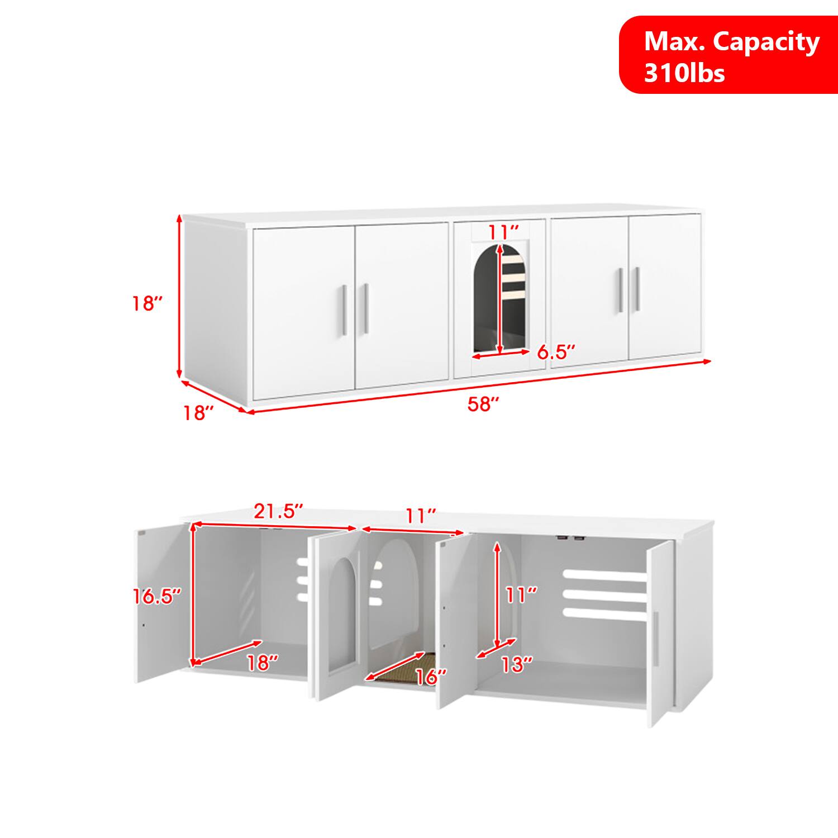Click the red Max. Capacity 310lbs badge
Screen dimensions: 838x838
[728, 55]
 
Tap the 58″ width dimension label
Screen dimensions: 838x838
[483, 404]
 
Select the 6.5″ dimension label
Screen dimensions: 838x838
[556, 352]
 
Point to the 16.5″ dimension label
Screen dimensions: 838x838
[157, 596]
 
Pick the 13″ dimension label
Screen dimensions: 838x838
[517, 664]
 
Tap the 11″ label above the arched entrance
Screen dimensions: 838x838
[504, 231]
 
